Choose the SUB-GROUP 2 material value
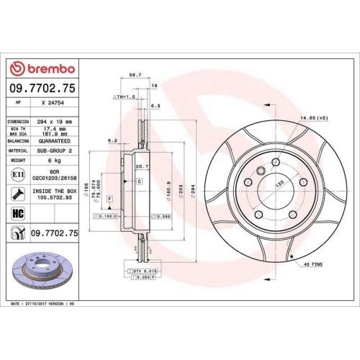coord(55,151)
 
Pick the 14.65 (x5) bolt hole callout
coord(314,117)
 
